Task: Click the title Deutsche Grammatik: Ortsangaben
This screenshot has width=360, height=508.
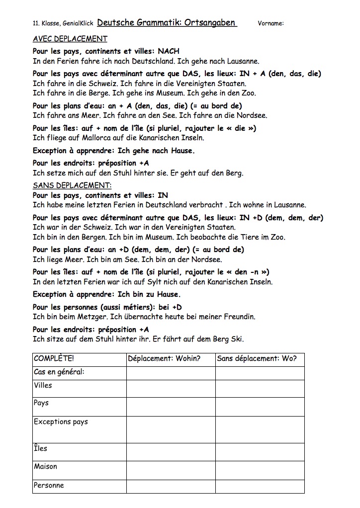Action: coord(167,22)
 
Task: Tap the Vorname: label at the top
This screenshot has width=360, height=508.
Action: coord(271,23)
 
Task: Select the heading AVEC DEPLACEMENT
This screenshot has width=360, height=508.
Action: coord(70,39)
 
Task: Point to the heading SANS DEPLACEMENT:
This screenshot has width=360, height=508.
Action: coord(72,185)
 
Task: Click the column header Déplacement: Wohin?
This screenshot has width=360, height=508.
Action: coord(164,358)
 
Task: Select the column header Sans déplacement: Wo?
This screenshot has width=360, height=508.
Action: coord(257,358)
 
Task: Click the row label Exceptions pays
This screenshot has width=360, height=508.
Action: coord(61,422)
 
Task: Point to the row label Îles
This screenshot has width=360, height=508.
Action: coord(41,448)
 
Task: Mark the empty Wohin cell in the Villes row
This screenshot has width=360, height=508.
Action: coord(171,389)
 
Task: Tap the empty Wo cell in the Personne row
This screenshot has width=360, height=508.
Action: coord(260,486)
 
